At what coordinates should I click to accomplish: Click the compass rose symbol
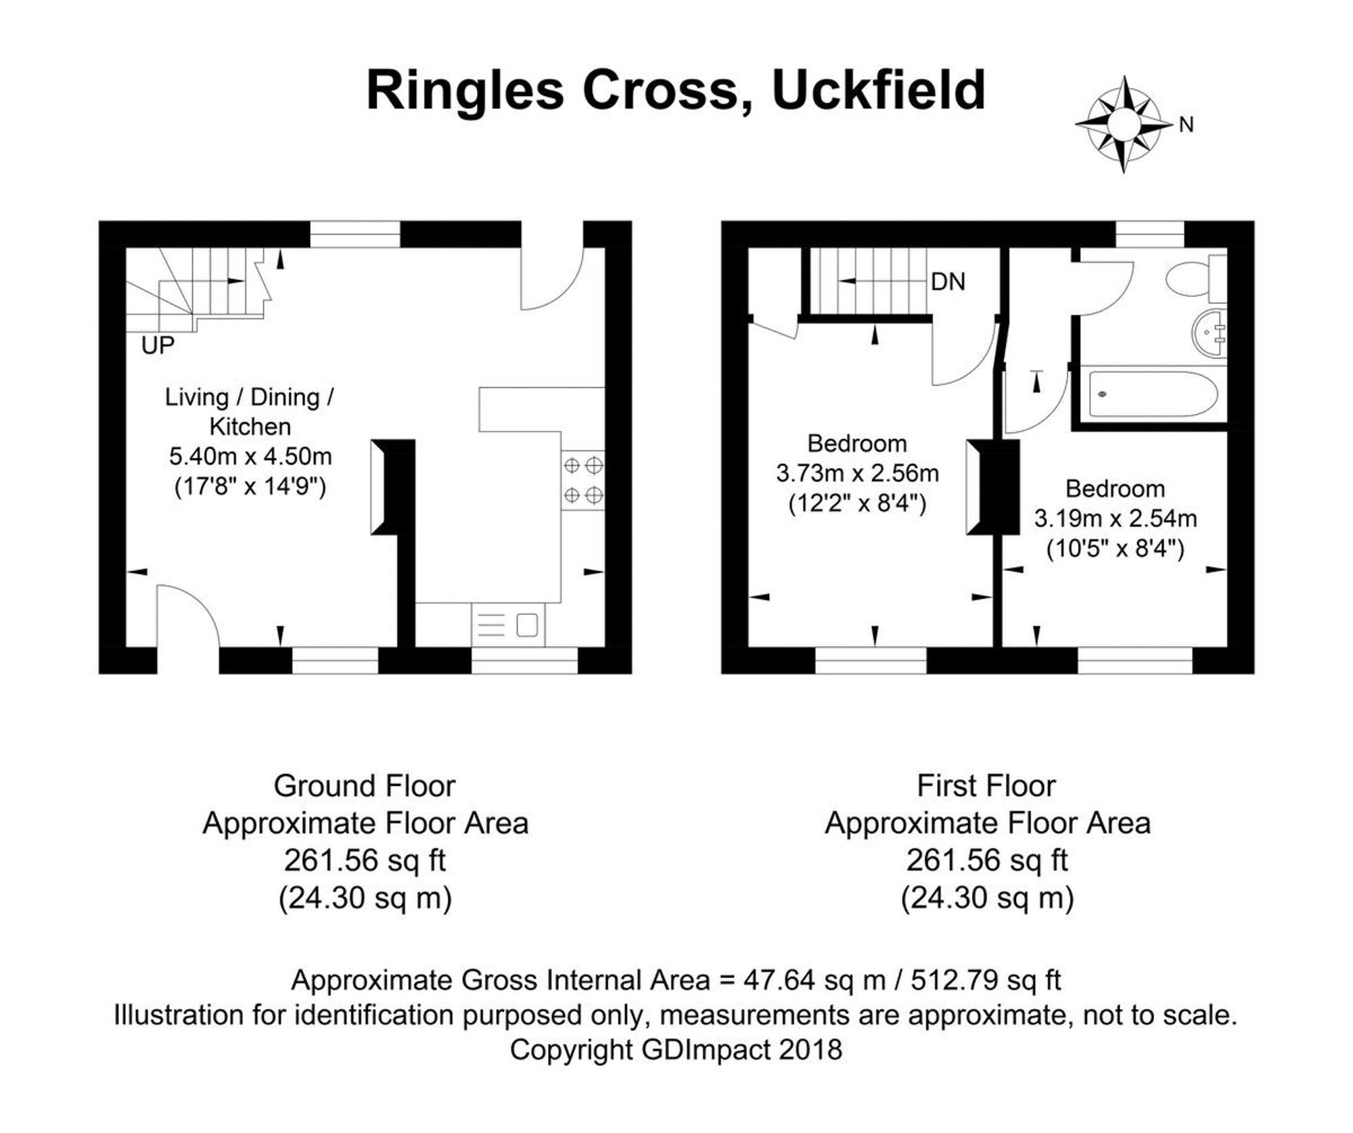pyautogui.click(x=1124, y=124)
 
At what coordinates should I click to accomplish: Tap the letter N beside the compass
pyautogui.click(x=1186, y=125)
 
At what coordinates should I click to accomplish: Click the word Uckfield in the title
pyautogui.click(x=879, y=91)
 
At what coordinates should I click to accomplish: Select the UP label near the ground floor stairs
pyautogui.click(x=158, y=346)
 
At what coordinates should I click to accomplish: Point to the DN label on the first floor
pyautogui.click(x=948, y=282)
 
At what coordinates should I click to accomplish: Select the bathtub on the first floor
pyautogui.click(x=1154, y=394)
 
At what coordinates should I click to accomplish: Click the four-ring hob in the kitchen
pyautogui.click(x=582, y=480)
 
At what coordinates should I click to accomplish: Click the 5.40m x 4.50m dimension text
pyautogui.click(x=250, y=457)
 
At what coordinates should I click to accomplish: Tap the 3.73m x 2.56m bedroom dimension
pyautogui.click(x=857, y=473)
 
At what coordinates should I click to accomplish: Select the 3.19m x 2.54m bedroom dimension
pyautogui.click(x=1116, y=519)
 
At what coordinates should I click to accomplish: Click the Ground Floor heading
pyautogui.click(x=364, y=786)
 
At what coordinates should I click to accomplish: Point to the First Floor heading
pyautogui.click(x=986, y=786)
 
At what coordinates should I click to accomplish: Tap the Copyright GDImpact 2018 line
pyautogui.click(x=676, y=1050)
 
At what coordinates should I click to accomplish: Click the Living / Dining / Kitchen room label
pyautogui.click(x=250, y=411)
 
